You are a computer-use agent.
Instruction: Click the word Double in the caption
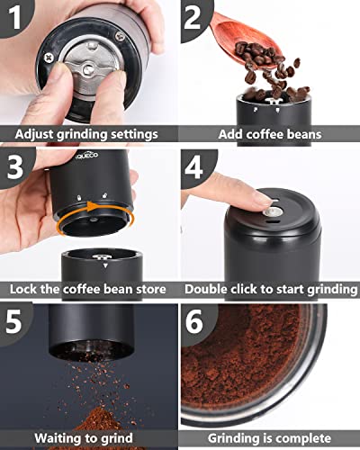(208, 290)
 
